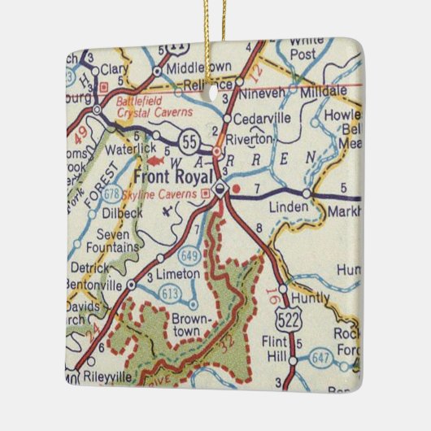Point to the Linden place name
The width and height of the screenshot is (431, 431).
pos(290,207)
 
